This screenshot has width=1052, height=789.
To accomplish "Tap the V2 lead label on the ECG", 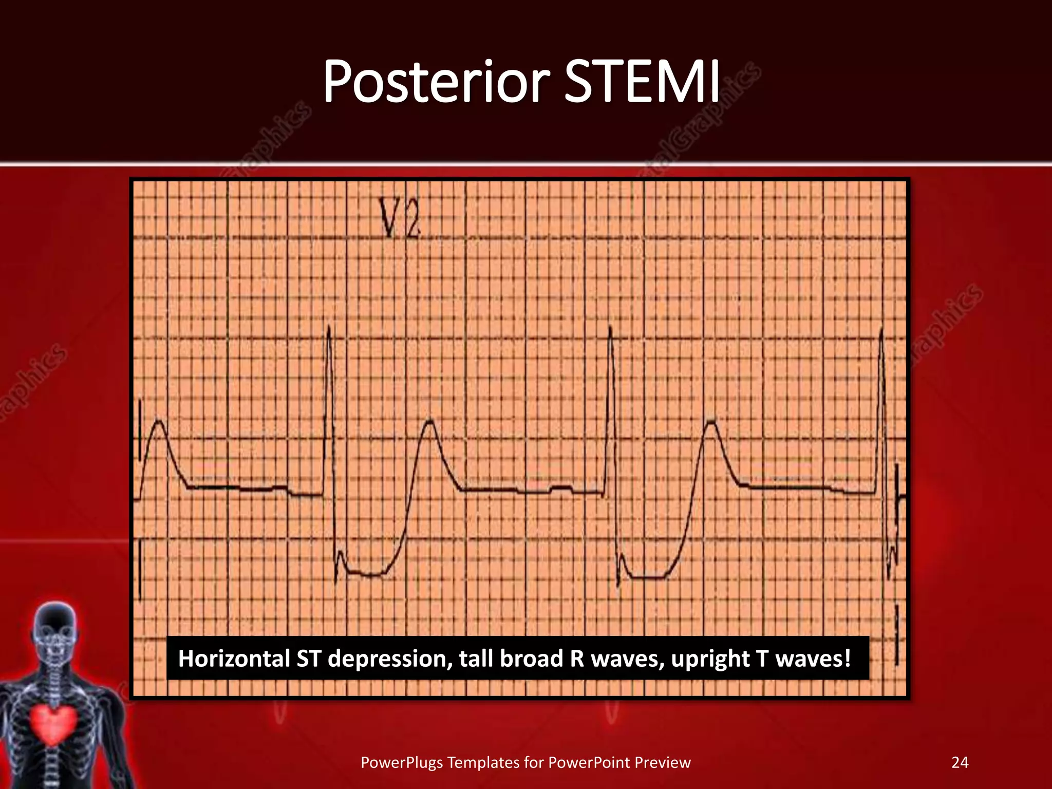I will click(x=399, y=218).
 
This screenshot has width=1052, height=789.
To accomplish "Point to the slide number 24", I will click(x=960, y=762).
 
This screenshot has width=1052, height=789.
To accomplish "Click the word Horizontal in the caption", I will click(x=234, y=659).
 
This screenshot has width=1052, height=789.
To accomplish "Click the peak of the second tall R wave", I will click(x=610, y=328).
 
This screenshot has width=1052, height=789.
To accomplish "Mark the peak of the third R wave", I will click(x=881, y=330).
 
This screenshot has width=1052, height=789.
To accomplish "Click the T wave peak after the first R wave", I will click(x=429, y=422).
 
